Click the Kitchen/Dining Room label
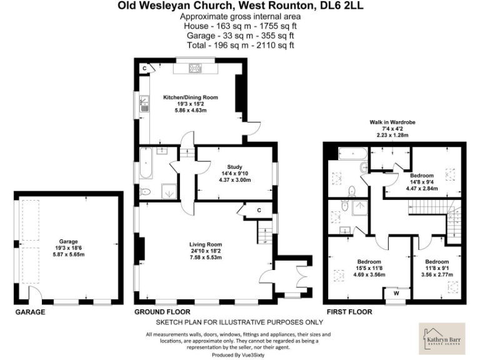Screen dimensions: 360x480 pyautogui.click(x=191, y=97)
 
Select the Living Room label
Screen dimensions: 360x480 pyautogui.click(x=206, y=244)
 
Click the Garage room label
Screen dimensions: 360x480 pyautogui.click(x=68, y=239)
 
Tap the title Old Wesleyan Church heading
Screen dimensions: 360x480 pyautogui.click(x=239, y=6)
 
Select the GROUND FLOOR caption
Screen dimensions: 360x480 pyautogui.click(x=162, y=311)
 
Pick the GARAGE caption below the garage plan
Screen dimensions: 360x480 pyautogui.click(x=30, y=311)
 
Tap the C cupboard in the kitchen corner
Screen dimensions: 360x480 pyautogui.click(x=144, y=67)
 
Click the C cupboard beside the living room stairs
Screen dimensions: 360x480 pyautogui.click(x=257, y=211)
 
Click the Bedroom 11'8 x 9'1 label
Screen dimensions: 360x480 pyautogui.click(x=437, y=261)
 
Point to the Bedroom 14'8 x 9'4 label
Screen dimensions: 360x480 pyautogui.click(x=422, y=176)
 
